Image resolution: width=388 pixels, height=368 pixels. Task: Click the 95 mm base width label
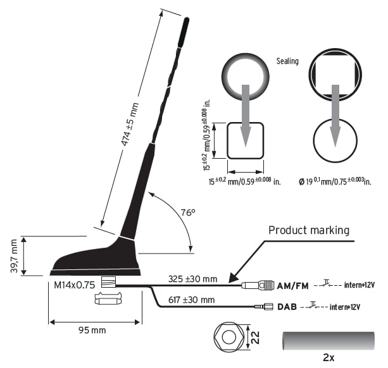[92, 329]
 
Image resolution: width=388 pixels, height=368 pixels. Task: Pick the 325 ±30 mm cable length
[192, 278]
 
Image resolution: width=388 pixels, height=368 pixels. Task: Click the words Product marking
[309, 230]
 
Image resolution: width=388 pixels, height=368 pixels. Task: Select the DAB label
[287, 307]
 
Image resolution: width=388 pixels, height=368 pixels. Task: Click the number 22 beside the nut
[254, 338]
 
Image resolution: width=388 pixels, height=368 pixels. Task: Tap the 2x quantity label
[329, 358]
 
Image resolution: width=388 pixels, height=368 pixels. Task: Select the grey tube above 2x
[329, 340]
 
